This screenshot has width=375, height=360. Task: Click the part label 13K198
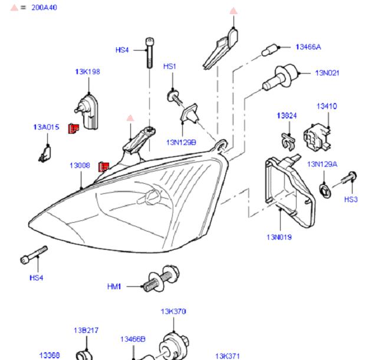(x=87, y=72)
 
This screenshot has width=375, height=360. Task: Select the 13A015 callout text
(x=46, y=127)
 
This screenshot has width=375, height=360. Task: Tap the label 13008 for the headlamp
(x=80, y=166)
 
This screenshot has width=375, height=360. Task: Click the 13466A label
(x=308, y=47)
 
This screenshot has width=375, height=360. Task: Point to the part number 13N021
(x=327, y=73)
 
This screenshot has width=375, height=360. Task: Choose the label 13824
(x=287, y=115)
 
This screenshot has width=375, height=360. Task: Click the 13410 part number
(x=327, y=107)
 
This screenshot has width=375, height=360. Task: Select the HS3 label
(x=351, y=200)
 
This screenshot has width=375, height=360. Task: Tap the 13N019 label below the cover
(x=279, y=237)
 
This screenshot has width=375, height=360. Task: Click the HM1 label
(x=114, y=286)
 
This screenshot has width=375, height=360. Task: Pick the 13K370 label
(x=173, y=312)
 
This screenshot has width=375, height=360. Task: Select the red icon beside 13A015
(x=74, y=128)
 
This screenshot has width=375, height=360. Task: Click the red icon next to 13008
(x=103, y=167)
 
